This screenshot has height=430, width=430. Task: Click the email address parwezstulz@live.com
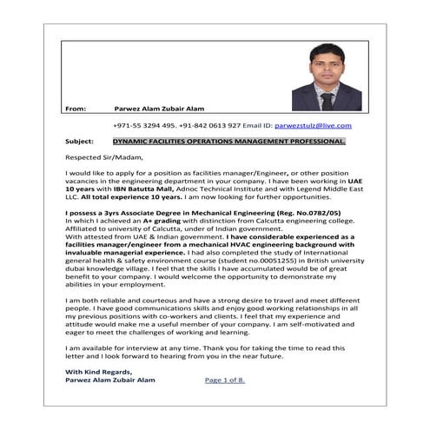(x=311, y=125)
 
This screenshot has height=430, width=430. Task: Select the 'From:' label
(x=76, y=109)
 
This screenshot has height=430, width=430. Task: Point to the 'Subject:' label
(x=80, y=141)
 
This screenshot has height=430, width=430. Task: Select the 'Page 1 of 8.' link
(x=225, y=380)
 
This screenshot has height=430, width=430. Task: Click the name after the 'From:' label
(x=160, y=109)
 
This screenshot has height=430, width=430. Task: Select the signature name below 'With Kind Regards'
(x=109, y=380)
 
